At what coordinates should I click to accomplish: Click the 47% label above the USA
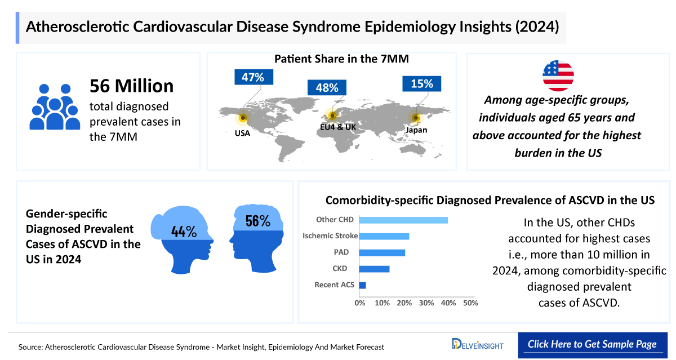[253, 78]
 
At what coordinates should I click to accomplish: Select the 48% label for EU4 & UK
[327, 88]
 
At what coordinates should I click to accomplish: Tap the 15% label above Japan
[422, 84]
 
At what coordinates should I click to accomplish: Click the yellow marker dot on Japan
[416, 118]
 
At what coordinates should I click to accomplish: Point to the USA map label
[243, 134]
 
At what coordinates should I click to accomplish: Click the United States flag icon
[558, 75]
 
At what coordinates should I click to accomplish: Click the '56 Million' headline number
[132, 86]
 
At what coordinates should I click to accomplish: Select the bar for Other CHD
[403, 220]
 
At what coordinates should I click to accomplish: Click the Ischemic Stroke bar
[384, 236]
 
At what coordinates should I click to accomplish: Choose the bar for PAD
[382, 252]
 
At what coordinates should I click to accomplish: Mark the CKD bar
[374, 269]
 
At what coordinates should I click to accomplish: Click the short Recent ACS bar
[362, 285]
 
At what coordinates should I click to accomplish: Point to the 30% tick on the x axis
[426, 303]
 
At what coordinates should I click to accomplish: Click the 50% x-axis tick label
[470, 303]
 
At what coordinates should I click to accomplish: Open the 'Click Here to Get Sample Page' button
[592, 344]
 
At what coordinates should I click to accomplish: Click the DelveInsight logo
[478, 344]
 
